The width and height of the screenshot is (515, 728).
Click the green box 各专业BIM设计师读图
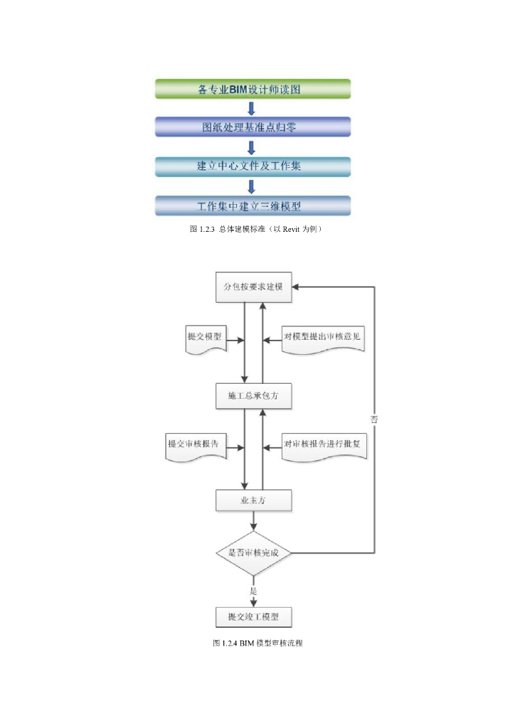[x=253, y=89]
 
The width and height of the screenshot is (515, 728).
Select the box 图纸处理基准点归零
[x=253, y=127]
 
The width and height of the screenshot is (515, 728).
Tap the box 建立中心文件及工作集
[x=253, y=166]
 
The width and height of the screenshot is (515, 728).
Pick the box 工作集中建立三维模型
[x=253, y=206]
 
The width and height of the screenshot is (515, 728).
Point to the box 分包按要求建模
[x=254, y=287]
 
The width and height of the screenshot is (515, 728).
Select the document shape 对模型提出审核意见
[x=323, y=338]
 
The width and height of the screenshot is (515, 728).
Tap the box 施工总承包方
[x=254, y=396]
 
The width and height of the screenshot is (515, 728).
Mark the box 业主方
[x=254, y=500]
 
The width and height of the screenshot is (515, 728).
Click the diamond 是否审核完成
[x=254, y=552]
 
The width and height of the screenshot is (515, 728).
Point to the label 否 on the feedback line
[x=374, y=419]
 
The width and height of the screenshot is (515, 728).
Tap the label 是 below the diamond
[x=253, y=591]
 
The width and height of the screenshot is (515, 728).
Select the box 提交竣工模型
[x=254, y=616]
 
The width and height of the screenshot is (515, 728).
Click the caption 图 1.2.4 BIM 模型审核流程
[x=258, y=643]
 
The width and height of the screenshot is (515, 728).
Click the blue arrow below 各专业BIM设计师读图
[x=251, y=108]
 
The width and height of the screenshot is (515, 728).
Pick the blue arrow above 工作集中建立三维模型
[x=251, y=186]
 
